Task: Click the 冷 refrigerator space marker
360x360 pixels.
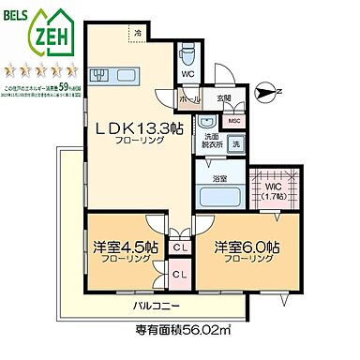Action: click(x=138, y=36)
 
